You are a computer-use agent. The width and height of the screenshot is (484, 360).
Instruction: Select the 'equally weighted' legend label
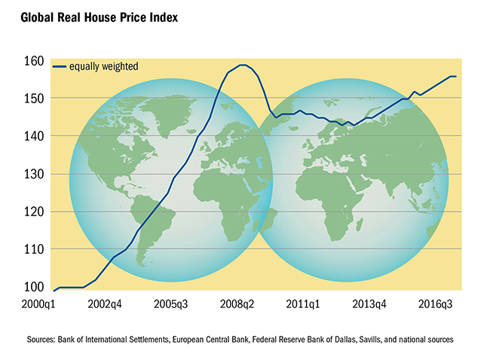coord(103,66)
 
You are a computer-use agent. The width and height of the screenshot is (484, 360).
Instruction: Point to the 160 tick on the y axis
coord(35,60)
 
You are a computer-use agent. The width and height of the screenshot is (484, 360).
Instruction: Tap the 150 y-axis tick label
coord(35,98)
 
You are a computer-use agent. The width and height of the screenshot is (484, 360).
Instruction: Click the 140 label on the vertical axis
coord(35,136)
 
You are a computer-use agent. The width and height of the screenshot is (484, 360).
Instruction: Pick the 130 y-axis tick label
coord(35,173)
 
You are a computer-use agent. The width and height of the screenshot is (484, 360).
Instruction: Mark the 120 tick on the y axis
coord(35,211)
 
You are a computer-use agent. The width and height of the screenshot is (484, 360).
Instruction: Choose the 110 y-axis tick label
coord(35,249)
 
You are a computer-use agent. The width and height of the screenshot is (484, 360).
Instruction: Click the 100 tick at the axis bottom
coord(35,286)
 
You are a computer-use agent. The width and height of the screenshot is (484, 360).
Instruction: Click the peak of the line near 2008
coord(242,65)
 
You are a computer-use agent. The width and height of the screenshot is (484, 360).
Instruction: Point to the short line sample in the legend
coord(60,66)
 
